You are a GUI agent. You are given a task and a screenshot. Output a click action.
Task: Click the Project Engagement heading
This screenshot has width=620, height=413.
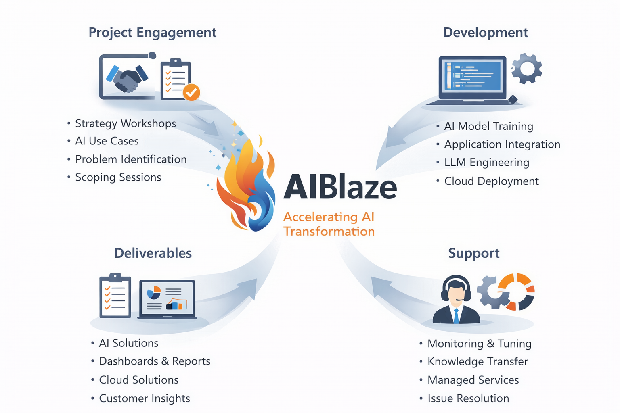[152, 33]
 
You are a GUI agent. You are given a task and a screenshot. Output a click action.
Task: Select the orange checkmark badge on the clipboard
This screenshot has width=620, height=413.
[191, 92]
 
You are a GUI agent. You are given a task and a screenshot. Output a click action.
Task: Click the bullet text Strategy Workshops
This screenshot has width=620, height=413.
[126, 123]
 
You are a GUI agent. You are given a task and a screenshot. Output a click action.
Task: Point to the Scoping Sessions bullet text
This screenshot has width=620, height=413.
[118, 177]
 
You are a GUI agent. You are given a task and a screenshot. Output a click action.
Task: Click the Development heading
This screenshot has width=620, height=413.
[485, 33]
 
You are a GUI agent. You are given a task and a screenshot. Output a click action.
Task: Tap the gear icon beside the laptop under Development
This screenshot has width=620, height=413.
[527, 69]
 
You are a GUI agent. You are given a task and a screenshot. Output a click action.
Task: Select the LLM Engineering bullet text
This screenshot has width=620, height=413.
[486, 163]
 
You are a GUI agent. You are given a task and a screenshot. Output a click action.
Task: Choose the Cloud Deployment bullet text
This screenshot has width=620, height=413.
[491, 181]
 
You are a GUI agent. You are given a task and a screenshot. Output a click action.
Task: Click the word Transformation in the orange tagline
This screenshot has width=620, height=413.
[329, 232]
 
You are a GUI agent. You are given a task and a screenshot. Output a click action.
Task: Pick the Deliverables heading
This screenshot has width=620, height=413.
[153, 253]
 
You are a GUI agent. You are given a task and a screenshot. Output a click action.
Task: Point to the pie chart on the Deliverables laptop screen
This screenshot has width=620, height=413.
[154, 292]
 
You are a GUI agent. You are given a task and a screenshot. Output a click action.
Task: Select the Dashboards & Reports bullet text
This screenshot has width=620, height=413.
[155, 361]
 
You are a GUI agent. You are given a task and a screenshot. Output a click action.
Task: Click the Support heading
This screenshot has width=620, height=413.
[473, 253]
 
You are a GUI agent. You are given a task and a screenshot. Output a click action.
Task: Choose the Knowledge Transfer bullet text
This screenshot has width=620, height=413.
[478, 362]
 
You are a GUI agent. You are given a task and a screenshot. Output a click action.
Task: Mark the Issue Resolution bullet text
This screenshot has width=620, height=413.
[468, 398]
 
